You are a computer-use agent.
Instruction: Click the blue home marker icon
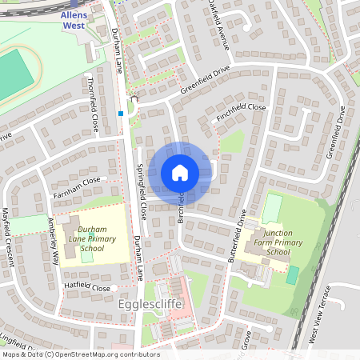click(x=179, y=172)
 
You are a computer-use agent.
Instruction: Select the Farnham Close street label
click(x=78, y=182)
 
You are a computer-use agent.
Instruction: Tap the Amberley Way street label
click(x=54, y=241)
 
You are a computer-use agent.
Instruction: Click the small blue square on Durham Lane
click(x=121, y=114)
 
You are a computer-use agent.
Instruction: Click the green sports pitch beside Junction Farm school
click(x=292, y=274)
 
